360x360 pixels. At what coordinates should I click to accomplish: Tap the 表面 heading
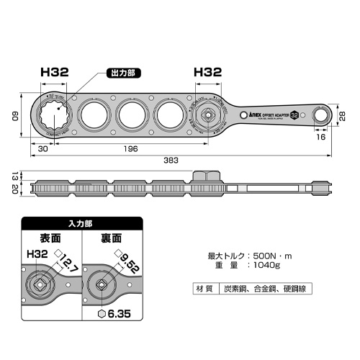pyautogui.click(x=50, y=238)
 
